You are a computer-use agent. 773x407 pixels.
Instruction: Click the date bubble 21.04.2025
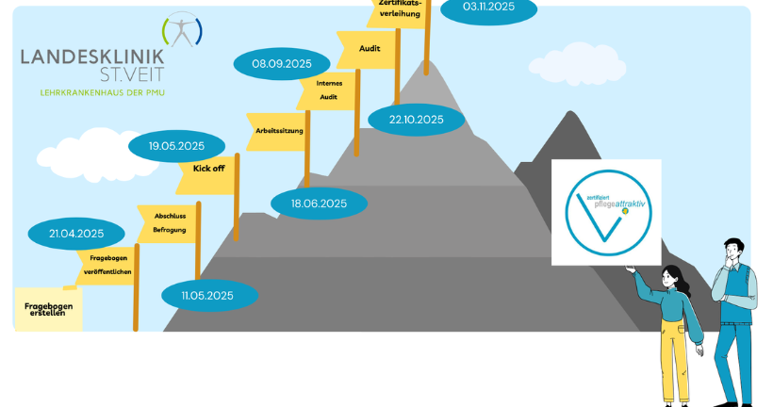coord(77,233)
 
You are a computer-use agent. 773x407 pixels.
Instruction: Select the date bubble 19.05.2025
coord(176,146)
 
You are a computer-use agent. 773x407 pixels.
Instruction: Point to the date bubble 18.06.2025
coord(319,203)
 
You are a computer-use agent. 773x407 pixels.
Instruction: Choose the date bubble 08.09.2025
coord(282,64)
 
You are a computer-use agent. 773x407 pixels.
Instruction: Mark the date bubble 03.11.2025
coord(487,8)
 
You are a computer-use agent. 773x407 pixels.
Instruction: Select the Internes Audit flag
coord(328,90)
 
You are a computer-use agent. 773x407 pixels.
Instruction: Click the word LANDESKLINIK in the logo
coord(92,57)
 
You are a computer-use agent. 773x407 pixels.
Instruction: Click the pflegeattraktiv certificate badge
coord(606,212)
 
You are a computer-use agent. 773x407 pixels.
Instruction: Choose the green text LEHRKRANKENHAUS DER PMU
coord(103,92)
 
